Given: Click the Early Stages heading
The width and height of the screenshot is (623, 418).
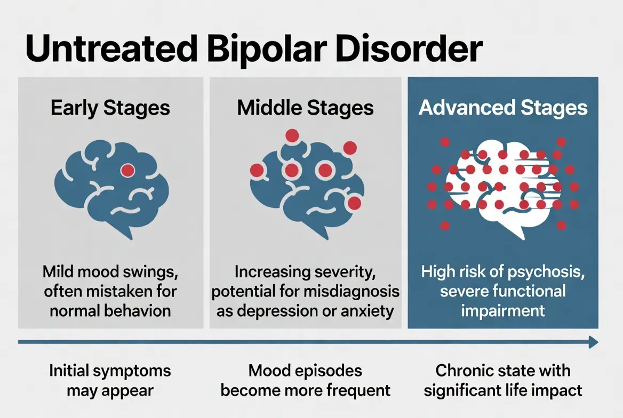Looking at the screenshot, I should (x=110, y=108).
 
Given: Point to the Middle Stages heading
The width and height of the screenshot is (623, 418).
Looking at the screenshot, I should (x=305, y=108).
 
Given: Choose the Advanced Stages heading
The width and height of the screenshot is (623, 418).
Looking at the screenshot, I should (x=503, y=108).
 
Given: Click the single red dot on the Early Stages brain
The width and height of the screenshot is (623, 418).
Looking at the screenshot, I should (x=127, y=170).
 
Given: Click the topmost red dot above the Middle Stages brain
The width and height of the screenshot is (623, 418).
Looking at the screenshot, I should (x=292, y=136).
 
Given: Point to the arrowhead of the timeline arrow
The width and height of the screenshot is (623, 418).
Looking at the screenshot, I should (x=593, y=342).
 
